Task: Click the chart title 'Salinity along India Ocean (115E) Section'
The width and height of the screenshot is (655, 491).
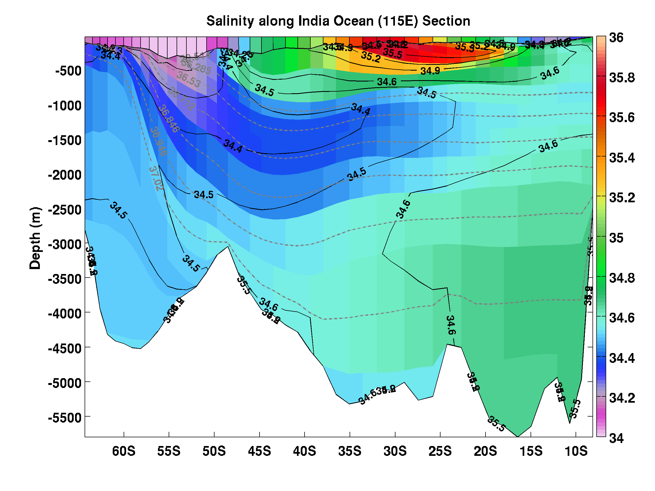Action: tap(338, 21)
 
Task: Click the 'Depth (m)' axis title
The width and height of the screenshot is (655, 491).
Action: tap(35, 238)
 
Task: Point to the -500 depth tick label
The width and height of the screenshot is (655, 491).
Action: tap(69, 71)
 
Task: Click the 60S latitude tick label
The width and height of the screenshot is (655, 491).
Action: tap(124, 451)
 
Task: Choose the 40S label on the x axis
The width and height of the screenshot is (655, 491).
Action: tap(304, 451)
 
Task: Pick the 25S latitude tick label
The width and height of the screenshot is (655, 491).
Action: tap(440, 451)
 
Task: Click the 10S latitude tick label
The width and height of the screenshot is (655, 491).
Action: tap(576, 451)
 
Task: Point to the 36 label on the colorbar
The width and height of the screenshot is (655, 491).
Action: tap(616, 38)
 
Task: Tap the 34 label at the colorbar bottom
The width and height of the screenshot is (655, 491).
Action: tap(616, 438)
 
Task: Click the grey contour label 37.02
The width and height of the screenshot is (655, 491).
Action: tap(156, 178)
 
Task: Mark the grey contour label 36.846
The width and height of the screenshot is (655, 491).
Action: tap(168, 119)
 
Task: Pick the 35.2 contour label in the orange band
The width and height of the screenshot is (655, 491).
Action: tap(371, 57)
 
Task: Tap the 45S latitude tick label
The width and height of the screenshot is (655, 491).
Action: tap(259, 451)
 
